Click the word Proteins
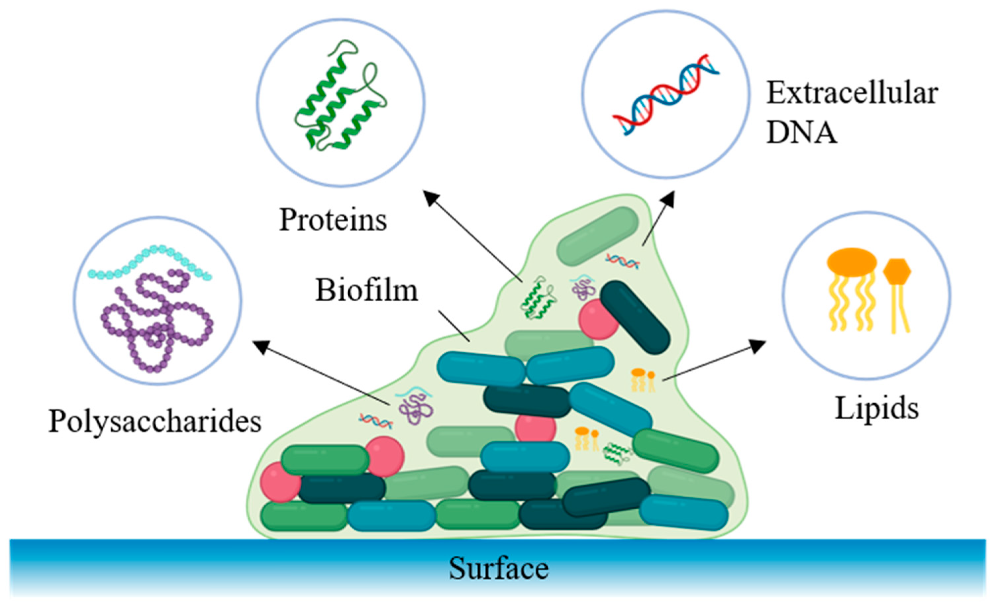[333, 220]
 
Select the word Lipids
[876, 408]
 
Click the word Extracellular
[852, 93]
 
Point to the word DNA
[802, 132]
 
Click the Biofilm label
[366, 290]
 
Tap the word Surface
[498, 568]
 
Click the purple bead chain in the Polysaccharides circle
[156, 319]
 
